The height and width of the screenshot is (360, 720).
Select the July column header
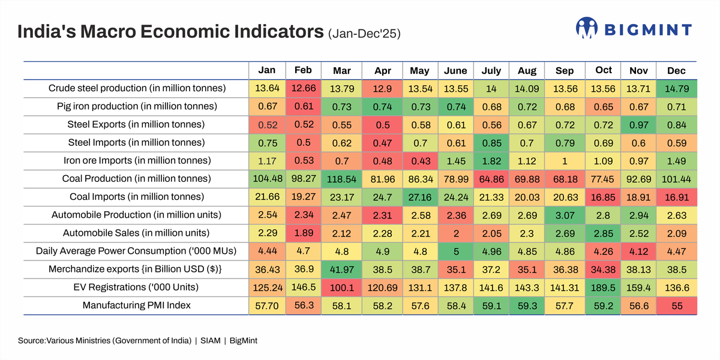pos(491,71)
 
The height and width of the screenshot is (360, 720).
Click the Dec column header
pos(676,71)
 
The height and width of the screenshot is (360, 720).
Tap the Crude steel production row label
pos(137,88)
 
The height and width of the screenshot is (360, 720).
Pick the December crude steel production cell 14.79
pos(676,88)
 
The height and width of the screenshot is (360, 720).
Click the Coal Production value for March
pos(342,179)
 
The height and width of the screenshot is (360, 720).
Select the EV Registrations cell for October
pos(604,287)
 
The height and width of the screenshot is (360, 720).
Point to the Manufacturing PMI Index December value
pos(676,305)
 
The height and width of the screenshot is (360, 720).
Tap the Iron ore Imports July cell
pos(491,161)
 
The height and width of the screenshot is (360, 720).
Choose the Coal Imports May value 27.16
pos(419,197)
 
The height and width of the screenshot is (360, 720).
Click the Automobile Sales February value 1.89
pos(303,233)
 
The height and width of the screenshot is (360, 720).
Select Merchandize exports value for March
pos(342,269)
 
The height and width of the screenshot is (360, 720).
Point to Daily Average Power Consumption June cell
pos(455,251)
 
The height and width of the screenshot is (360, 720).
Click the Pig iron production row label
pos(137,106)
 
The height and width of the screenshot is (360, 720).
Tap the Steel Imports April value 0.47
pos(383,143)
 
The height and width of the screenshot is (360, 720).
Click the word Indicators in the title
pos(269,32)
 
